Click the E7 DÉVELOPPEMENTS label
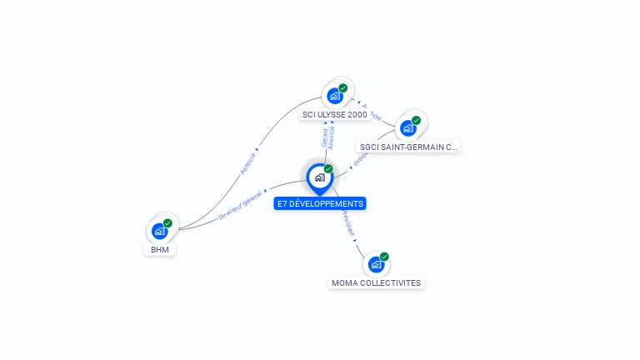(320, 203)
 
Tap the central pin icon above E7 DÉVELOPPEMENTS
(319, 177)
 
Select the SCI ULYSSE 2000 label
(335, 114)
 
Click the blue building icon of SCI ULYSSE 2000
(335, 95)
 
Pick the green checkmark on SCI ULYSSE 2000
(343, 87)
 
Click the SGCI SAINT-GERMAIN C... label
(407, 147)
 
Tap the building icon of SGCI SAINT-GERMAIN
(407, 128)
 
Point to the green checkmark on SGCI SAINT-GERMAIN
(416, 120)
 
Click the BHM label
(159, 249)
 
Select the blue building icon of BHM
(159, 231)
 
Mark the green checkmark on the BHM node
(167, 223)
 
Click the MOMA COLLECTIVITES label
(376, 282)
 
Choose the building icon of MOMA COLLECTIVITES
(376, 264)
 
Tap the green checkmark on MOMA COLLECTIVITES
(384, 257)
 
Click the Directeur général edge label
(240, 204)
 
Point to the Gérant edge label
(324, 137)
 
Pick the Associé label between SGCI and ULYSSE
(372, 112)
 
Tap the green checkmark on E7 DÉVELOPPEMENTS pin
(328, 168)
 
